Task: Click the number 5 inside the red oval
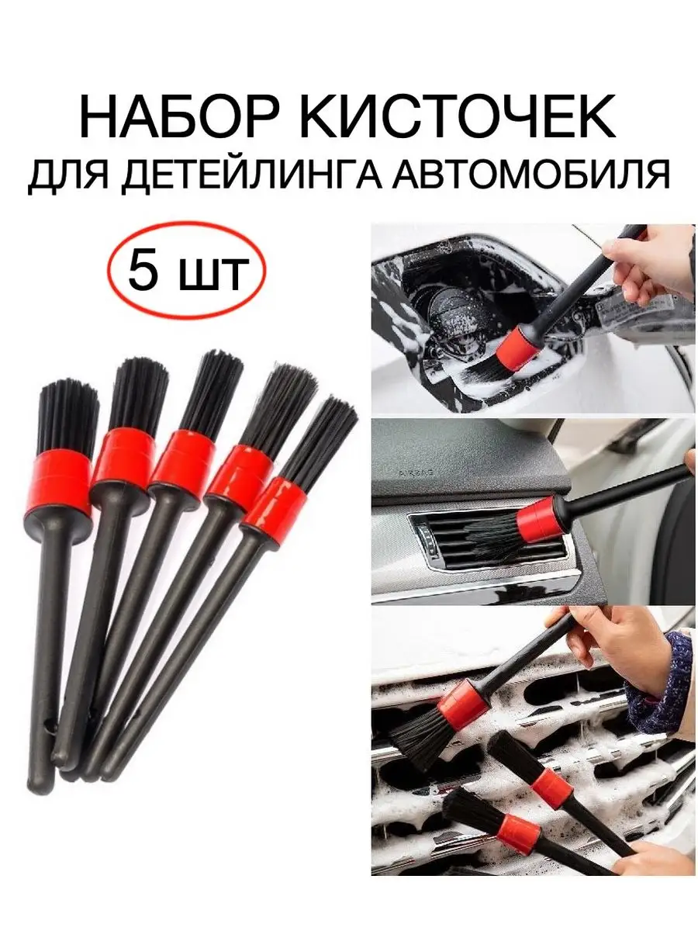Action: click(143, 269)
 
